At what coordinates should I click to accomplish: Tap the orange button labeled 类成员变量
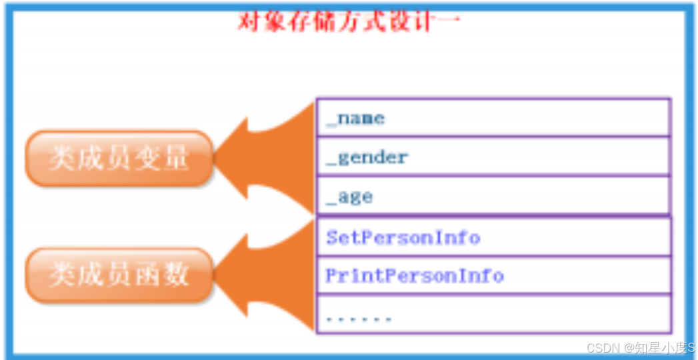click(x=119, y=159)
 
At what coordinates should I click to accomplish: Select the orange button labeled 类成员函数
click(x=119, y=275)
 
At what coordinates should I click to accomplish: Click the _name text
click(x=356, y=119)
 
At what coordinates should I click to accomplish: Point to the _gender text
click(x=367, y=158)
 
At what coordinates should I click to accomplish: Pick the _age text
click(x=349, y=197)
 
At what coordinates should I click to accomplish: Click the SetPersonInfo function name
click(x=403, y=237)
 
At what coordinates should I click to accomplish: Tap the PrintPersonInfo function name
click(x=414, y=276)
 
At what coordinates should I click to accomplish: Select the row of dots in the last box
click(x=359, y=319)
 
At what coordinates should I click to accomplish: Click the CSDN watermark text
click(x=640, y=348)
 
